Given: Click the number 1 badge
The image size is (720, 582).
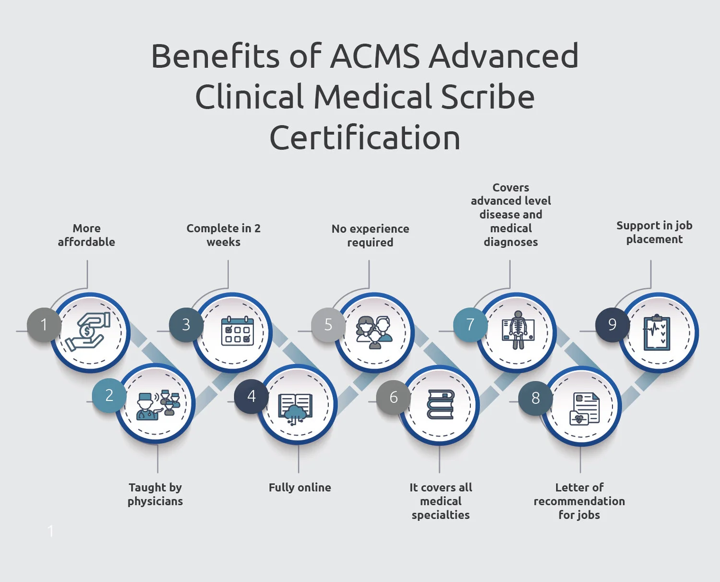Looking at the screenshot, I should click(x=44, y=325).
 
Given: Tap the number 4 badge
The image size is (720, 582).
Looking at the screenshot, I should click(x=251, y=396).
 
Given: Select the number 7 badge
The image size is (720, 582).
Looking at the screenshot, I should click(x=470, y=325).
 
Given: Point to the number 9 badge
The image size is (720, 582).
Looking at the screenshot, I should click(x=612, y=325).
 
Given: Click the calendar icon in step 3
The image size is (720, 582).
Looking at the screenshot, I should click(x=237, y=331).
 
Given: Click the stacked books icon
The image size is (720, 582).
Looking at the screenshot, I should click(x=441, y=404).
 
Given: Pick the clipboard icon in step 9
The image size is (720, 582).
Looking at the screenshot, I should click(x=657, y=332).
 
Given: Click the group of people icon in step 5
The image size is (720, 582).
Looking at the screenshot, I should click(x=374, y=332).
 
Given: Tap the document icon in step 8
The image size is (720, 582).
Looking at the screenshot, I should click(x=585, y=409).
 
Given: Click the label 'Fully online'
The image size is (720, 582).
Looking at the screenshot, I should click(x=300, y=487).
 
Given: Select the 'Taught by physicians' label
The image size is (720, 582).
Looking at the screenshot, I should click(x=155, y=494).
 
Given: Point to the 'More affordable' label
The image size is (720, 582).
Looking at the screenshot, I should click(x=86, y=235).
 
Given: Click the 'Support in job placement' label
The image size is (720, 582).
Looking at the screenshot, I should click(x=654, y=232).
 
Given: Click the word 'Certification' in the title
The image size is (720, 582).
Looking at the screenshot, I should click(x=365, y=138).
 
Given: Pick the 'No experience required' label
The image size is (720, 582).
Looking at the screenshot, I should click(x=370, y=235).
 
